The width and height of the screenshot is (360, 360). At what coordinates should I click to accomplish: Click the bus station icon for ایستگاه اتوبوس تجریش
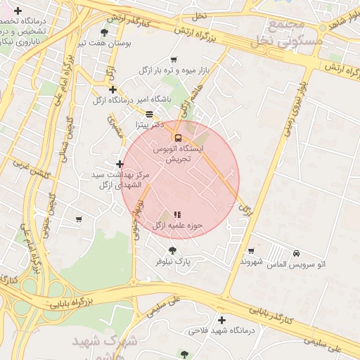(177, 137)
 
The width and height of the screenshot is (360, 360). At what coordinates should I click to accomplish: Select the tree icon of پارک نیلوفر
(173, 251)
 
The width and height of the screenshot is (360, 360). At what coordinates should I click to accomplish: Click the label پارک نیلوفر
(173, 262)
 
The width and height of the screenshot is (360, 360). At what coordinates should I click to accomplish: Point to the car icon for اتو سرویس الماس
(296, 253)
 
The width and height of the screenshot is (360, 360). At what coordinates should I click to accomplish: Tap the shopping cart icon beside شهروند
(251, 251)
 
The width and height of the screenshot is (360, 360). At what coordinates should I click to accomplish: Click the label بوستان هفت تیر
(105, 43)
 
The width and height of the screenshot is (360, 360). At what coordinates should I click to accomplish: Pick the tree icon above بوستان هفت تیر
(105, 32)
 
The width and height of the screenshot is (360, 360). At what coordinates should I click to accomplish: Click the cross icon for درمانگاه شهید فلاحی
(221, 321)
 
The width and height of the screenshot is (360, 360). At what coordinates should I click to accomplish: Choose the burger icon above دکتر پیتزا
(149, 114)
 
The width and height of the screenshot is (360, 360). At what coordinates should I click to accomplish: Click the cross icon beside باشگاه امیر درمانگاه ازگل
(112, 90)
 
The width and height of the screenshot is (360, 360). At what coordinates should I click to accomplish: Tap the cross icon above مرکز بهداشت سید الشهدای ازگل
(119, 164)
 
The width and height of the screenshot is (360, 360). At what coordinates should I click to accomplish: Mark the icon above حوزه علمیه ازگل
(177, 214)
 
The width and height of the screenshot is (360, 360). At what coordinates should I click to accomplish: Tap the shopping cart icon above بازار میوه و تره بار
(174, 60)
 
